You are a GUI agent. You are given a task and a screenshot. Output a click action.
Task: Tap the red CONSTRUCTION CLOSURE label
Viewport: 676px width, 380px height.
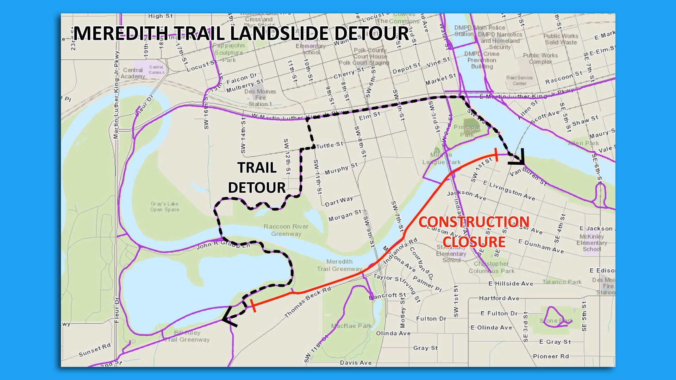(x=474, y=232)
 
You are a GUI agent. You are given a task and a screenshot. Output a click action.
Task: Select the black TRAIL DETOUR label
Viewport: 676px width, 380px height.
(x=257, y=178)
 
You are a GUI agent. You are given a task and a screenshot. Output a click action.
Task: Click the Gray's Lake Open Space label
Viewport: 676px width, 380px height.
(x=164, y=207)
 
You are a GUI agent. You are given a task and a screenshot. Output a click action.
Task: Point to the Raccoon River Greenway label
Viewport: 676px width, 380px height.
(x=286, y=230)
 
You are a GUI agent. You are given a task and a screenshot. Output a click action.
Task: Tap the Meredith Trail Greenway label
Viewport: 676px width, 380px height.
(x=339, y=265)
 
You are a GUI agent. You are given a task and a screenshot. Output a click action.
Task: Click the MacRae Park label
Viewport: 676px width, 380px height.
(x=352, y=326)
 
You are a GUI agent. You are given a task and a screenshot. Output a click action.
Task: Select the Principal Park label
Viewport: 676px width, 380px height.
(x=467, y=131)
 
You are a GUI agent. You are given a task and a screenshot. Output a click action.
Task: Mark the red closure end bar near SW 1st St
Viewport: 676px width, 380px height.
(x=496, y=155)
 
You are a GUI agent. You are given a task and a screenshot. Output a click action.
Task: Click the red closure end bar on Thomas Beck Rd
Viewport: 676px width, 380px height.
(x=253, y=305)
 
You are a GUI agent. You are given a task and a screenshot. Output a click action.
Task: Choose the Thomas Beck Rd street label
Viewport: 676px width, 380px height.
(x=308, y=302)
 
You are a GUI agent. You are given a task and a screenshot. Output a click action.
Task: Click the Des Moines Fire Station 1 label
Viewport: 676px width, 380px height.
(x=260, y=97)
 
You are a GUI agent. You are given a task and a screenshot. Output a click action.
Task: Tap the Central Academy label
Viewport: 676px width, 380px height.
(x=133, y=73)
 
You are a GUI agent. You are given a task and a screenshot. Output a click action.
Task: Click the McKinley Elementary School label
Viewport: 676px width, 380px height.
(x=591, y=242)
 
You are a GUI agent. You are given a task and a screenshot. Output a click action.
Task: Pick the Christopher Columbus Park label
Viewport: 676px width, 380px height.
(x=491, y=267)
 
